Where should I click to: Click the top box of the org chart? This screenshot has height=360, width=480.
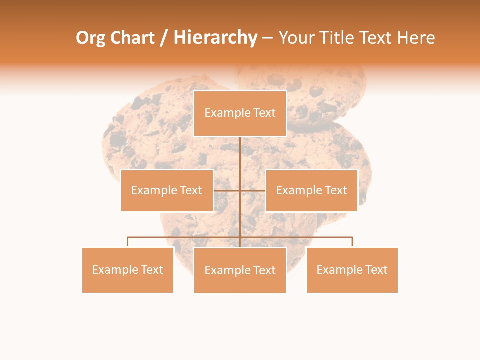click(240, 113)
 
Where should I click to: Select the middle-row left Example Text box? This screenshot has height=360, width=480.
click(167, 190)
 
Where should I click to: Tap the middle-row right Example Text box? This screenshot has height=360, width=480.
click(311, 190)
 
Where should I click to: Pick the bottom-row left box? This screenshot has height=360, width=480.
click(128, 270)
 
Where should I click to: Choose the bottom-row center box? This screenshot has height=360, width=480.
click(240, 270)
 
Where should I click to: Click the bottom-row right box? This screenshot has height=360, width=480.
click(352, 270)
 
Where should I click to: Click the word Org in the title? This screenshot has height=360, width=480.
click(90, 38)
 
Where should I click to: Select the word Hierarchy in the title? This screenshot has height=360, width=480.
click(215, 38)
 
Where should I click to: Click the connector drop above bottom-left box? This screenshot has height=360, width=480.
click(128, 242)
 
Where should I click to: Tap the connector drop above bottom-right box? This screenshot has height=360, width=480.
click(352, 242)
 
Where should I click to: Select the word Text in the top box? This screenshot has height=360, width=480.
click(264, 113)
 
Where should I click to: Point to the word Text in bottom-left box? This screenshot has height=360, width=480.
click(151, 270)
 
